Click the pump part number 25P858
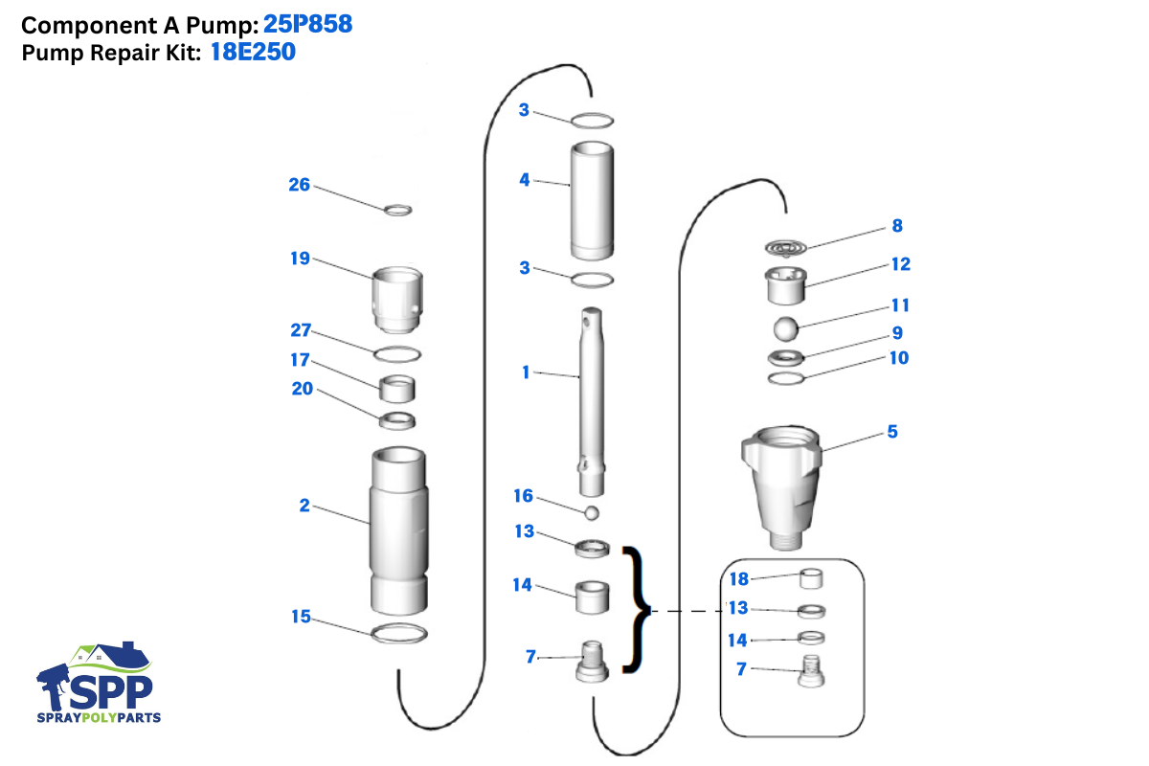click(x=307, y=24)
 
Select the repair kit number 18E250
click(x=253, y=53)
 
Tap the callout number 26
click(x=300, y=184)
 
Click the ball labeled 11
click(x=785, y=328)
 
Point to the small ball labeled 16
click(x=593, y=513)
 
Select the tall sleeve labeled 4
click(x=593, y=201)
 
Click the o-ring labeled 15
click(x=398, y=633)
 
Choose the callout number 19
click(x=300, y=258)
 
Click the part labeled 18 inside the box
click(x=812, y=578)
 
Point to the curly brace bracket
click(x=635, y=609)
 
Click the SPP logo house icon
click(x=115, y=658)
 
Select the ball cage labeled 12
click(x=785, y=284)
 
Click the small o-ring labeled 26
click(x=398, y=210)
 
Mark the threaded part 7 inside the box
click(x=812, y=673)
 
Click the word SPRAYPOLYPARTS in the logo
click(x=99, y=717)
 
